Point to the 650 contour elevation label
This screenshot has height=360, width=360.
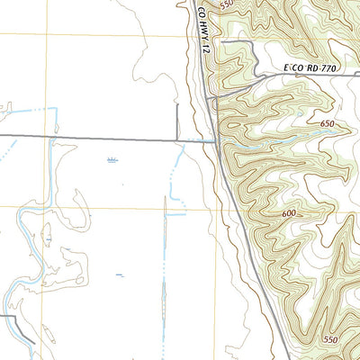point(326,124)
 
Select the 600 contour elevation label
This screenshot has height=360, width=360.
point(289,213)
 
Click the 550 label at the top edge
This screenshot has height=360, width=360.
point(226,4)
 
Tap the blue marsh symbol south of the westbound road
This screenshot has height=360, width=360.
point(112,160)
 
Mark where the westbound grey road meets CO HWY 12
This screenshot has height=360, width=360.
point(213,140)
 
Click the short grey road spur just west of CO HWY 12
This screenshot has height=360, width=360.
point(177,121)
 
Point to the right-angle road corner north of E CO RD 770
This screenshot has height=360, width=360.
point(223,41)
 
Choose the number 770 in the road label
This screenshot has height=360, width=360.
point(310,67)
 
